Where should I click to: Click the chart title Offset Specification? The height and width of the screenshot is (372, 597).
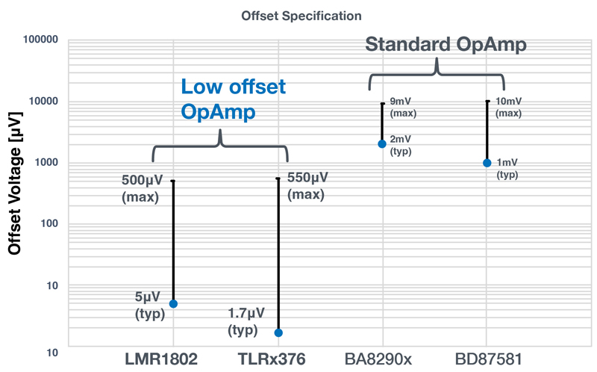coord(302,16)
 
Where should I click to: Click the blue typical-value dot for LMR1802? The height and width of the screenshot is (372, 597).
coord(173,304)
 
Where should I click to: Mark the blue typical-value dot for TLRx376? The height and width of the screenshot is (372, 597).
coord(278,332)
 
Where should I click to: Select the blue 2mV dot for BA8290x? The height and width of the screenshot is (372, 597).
coord(382,144)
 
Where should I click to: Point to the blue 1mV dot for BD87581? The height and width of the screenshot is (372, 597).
coord(487,163)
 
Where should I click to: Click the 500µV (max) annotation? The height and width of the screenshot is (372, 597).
coord(140,189)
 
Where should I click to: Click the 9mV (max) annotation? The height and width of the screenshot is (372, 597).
coord(403,107)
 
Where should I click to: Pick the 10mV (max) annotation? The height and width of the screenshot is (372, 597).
coord(509,107)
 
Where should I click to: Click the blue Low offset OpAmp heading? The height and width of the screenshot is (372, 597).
coord(233,99)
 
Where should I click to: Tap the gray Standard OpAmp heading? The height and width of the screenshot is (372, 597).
coord(446,45)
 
